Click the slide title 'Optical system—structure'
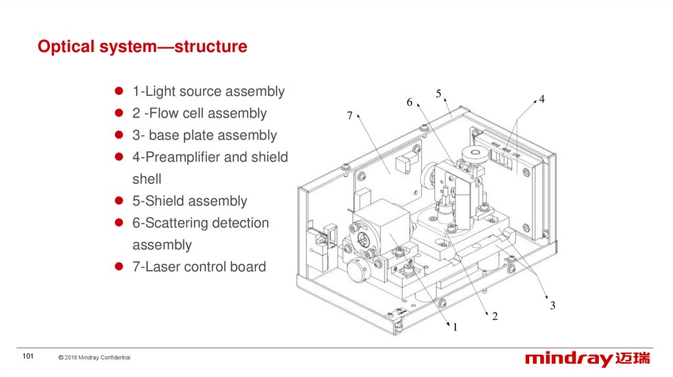pyautogui.click(x=143, y=47)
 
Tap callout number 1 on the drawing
pyautogui.click(x=453, y=326)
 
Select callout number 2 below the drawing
pyautogui.click(x=495, y=317)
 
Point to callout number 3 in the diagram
pyautogui.click(x=553, y=305)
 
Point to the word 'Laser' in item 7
pyautogui.click(x=162, y=267)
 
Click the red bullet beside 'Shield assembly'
pyautogui.click(x=120, y=201)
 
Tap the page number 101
pyautogui.click(x=28, y=357)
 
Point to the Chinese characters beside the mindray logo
pyautogui.click(x=633, y=359)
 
